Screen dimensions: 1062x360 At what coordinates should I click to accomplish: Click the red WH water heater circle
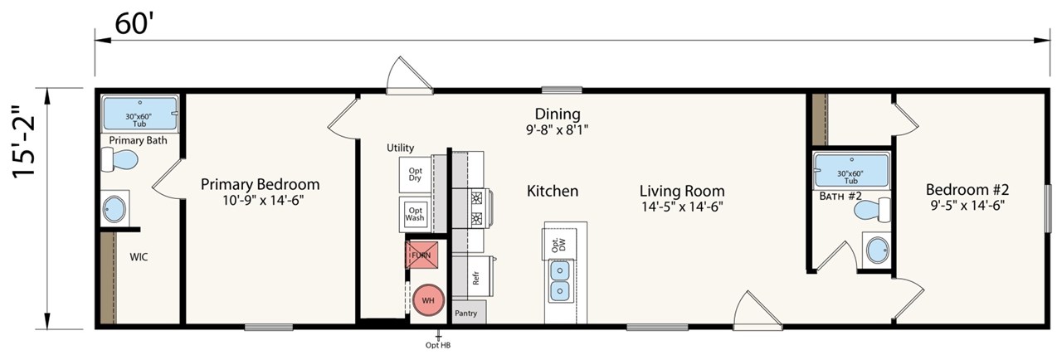pos(428,299)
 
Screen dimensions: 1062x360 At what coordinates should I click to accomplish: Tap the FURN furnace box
pos(421,255)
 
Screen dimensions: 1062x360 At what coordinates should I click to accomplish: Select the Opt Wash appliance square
pos(415,214)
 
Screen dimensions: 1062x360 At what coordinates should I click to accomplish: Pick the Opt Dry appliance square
pos(415,174)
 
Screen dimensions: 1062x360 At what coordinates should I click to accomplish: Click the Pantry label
pos(466,313)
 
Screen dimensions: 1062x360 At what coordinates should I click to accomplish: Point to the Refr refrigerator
pos(475,278)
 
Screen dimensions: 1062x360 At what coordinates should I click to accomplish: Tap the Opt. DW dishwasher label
pos(559,245)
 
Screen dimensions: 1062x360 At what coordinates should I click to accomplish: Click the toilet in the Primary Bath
pos(119,159)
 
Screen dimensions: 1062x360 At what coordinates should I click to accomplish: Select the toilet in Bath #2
pos(872,209)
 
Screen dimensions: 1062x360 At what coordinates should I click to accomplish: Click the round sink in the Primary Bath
pos(114,209)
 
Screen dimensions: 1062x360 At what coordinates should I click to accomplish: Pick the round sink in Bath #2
pos(877,250)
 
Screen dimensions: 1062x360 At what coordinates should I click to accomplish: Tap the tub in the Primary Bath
pos(140,113)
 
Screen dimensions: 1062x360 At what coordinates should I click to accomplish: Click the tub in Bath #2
pos(851,170)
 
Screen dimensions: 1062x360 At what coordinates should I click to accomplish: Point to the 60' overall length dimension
pos(132,24)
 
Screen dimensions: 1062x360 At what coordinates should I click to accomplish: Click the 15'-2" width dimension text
pos(24,141)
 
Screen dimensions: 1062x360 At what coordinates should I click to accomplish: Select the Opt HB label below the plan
pos(437,345)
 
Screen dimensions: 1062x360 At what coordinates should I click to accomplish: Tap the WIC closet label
pos(139,257)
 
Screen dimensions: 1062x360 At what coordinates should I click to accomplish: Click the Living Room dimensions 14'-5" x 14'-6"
pos(682,207)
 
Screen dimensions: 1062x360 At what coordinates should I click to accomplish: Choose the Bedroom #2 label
pos(967,190)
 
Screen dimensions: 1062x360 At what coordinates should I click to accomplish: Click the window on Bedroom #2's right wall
pos(1048,208)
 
